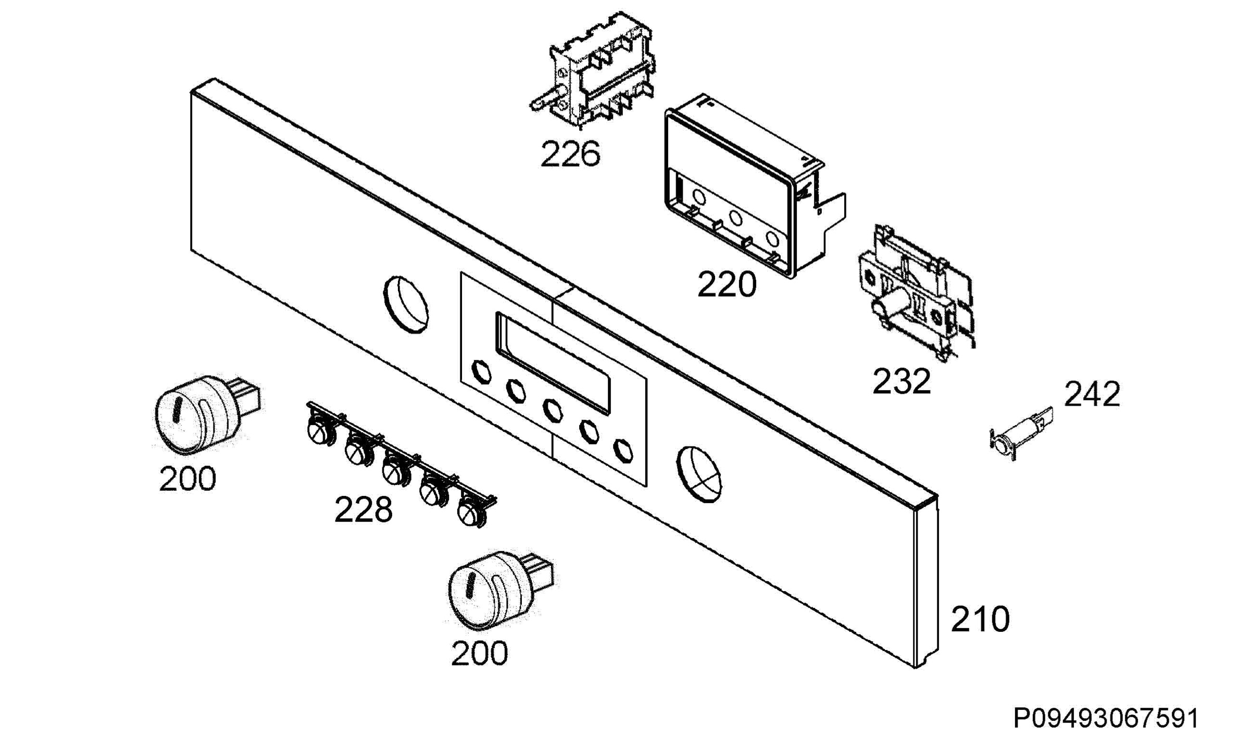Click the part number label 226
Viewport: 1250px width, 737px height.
click(570, 154)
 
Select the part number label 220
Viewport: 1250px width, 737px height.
click(727, 285)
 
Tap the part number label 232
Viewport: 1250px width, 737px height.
click(902, 381)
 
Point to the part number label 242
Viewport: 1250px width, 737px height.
click(1092, 394)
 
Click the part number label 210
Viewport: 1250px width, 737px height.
click(980, 619)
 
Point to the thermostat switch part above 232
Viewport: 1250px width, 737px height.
click(915, 292)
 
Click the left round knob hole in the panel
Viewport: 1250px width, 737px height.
click(406, 305)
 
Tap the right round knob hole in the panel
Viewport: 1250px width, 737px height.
click(699, 474)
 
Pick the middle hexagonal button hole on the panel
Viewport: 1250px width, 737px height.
click(552, 410)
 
